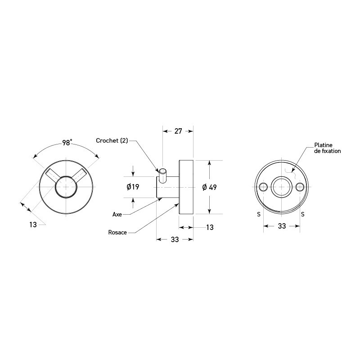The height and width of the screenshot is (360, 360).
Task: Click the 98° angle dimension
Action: point(66,143)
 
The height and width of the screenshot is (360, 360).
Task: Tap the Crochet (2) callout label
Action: point(112,140)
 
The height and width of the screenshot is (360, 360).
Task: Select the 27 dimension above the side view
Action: point(178,131)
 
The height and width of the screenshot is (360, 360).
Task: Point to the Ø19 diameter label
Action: point(133,187)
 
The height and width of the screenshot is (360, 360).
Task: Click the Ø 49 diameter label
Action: point(209,187)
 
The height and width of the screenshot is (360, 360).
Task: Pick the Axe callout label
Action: point(117,215)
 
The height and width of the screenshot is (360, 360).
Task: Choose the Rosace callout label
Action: point(117,232)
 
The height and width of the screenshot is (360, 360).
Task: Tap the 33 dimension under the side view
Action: point(175,239)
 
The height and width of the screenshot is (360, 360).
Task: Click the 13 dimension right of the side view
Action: point(210,227)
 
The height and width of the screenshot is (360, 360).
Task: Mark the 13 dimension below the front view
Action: point(33,225)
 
